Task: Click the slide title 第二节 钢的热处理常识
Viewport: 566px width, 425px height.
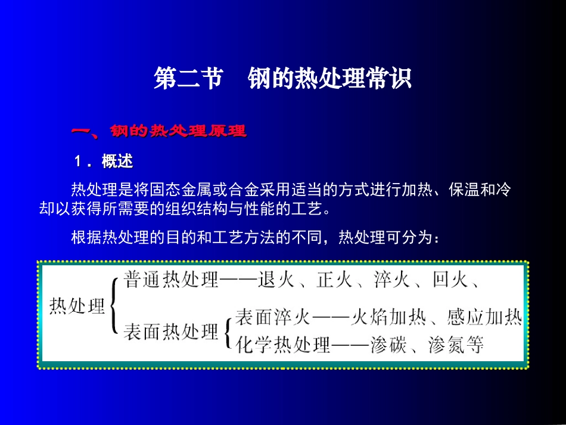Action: pyautogui.click(x=282, y=79)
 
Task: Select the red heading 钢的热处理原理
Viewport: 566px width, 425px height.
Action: pyautogui.click(x=178, y=131)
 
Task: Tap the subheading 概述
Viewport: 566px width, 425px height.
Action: pyautogui.click(x=117, y=162)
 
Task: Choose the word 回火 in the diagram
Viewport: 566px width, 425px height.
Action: pyautogui.click(x=450, y=280)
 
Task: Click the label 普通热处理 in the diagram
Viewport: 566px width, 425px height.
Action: pyautogui.click(x=172, y=280)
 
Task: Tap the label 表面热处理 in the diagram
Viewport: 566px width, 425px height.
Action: pyautogui.click(x=172, y=331)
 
